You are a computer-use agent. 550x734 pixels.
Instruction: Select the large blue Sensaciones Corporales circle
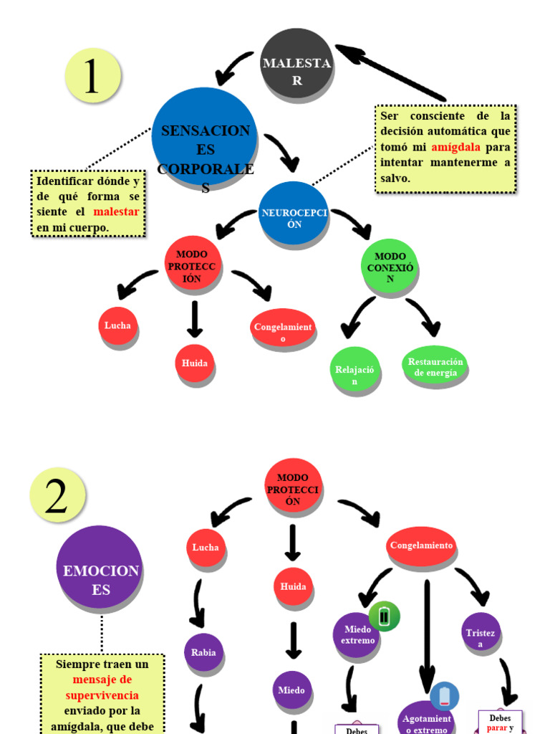204,140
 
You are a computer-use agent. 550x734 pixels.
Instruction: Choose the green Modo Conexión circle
390,267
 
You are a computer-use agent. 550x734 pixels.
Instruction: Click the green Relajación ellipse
354,372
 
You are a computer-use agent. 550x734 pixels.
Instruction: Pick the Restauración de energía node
435,366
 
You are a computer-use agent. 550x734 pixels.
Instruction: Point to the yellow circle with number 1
92,75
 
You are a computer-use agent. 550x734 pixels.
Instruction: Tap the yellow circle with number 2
57,495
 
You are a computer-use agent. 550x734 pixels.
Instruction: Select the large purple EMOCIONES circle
100,570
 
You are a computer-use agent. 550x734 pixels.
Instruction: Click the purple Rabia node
203,652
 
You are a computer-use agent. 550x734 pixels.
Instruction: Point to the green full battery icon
385,616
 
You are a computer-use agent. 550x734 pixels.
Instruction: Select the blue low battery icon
445,695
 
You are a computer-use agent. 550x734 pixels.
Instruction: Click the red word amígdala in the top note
455,147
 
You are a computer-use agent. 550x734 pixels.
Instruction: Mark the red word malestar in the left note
116,212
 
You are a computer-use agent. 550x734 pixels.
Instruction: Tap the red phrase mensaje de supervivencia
102,687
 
